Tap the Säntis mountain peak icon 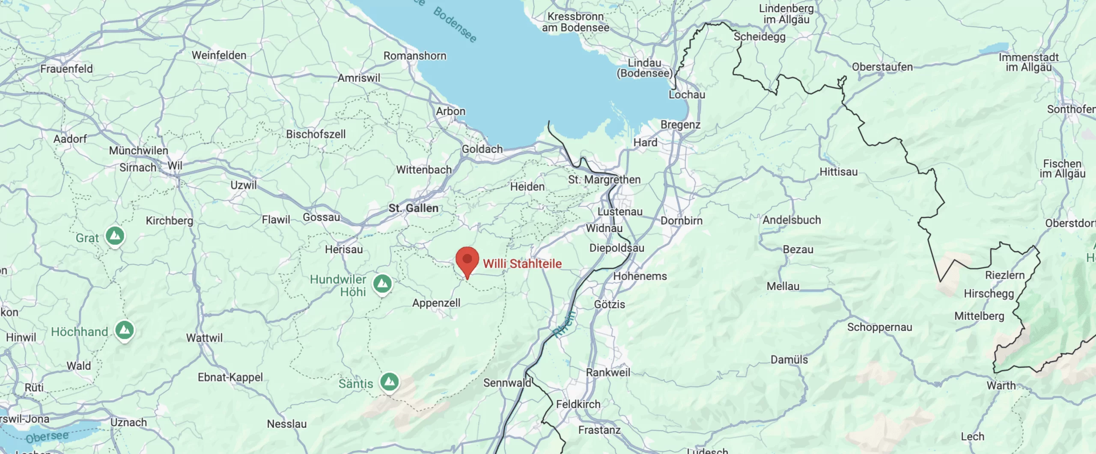click(x=390, y=381)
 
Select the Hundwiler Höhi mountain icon click(x=382, y=283)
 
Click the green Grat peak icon click(x=115, y=236)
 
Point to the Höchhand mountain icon click(x=125, y=330)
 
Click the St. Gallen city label click(x=414, y=208)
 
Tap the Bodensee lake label click(x=455, y=24)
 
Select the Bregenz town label click(x=680, y=125)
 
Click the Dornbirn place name click(x=682, y=221)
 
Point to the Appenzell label click(x=436, y=303)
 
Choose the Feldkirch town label click(x=578, y=404)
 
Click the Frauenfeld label click(x=66, y=68)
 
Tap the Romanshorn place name click(x=415, y=56)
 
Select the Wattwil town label click(x=204, y=338)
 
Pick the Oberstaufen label click(x=882, y=67)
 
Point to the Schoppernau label click(x=880, y=327)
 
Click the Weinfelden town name click(x=219, y=55)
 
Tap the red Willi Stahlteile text click(x=522, y=264)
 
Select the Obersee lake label click(x=47, y=437)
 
